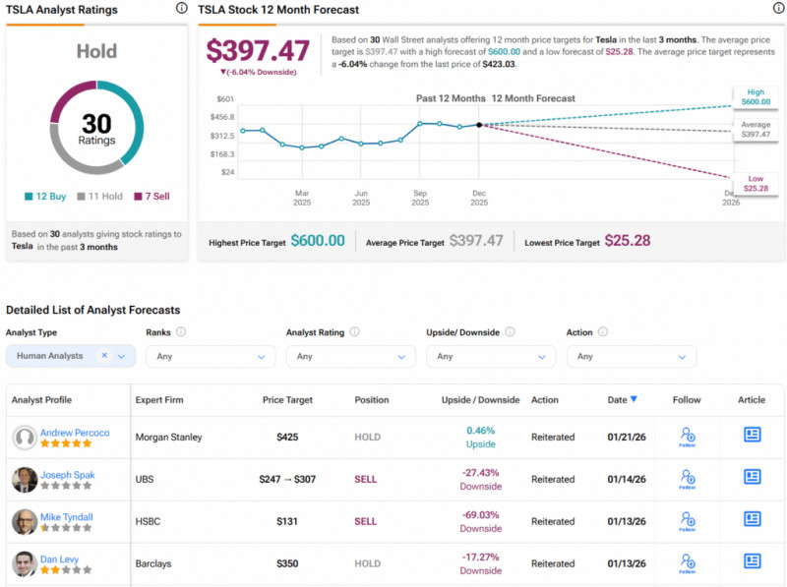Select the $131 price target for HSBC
(x=287, y=521)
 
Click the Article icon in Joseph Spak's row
(x=753, y=479)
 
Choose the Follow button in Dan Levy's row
(x=687, y=563)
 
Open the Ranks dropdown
(x=211, y=356)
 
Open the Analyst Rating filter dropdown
(x=351, y=356)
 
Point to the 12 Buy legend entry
(x=45, y=197)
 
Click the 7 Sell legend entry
(x=151, y=197)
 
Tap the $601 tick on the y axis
(x=224, y=99)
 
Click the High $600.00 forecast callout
(x=756, y=96)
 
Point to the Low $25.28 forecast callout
(x=756, y=183)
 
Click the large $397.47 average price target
(x=259, y=50)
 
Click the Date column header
(x=622, y=400)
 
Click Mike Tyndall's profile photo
(x=25, y=521)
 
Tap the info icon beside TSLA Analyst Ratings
(x=181, y=8)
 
